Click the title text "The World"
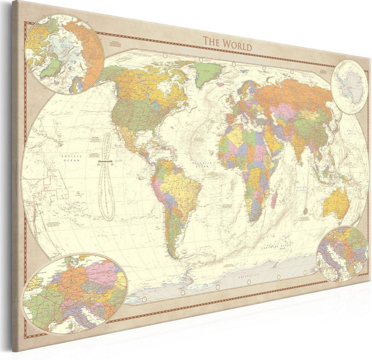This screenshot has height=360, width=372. (227, 43)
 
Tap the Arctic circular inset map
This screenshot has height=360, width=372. (64, 54)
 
